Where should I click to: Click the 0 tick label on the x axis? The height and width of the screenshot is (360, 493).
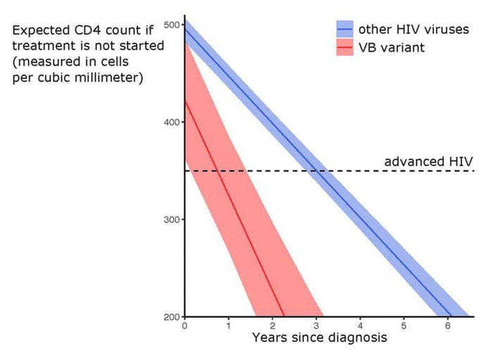[185, 326]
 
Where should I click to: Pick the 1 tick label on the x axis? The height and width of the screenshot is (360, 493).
[228, 326]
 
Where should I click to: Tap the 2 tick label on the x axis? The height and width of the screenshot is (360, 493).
[272, 326]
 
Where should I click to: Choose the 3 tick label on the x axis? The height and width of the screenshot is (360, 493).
[316, 326]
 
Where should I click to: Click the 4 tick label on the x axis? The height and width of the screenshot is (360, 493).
[360, 326]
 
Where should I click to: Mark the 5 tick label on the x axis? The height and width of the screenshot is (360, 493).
[404, 326]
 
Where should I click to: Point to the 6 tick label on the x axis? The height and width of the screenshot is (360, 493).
[448, 326]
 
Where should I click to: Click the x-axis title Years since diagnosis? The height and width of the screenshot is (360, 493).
[319, 338]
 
